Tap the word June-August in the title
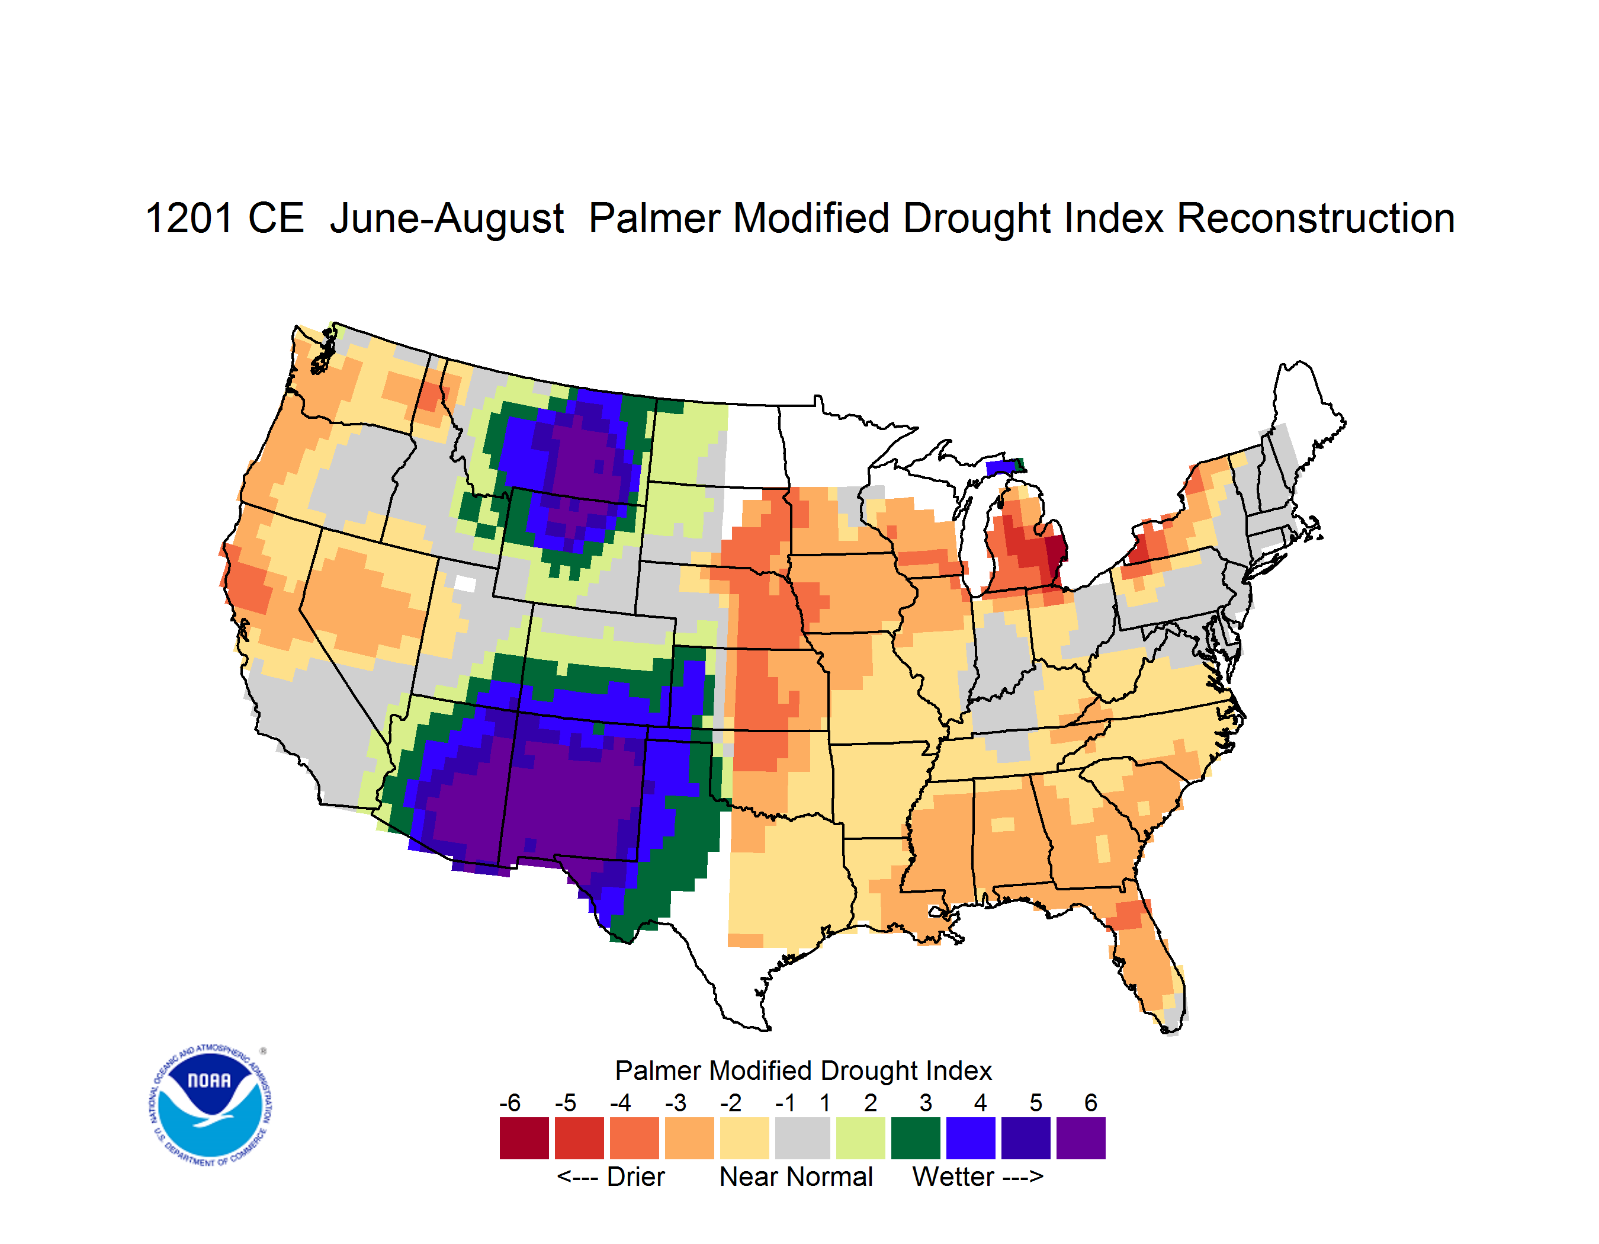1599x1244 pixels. pos(447,220)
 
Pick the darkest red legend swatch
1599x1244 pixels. pos(524,1138)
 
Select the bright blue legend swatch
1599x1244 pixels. pos(971,1138)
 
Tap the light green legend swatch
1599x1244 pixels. pos(861,1138)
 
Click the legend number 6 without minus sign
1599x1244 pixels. pos(1091,1102)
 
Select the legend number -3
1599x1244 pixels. pos(676,1102)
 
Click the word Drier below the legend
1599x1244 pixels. pos(635,1176)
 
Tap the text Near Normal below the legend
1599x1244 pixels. pos(796,1176)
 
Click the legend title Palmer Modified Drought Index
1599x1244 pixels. pos(803,1070)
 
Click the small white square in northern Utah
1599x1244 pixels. pos(465,583)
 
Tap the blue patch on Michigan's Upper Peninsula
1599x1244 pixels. pos(1000,467)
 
